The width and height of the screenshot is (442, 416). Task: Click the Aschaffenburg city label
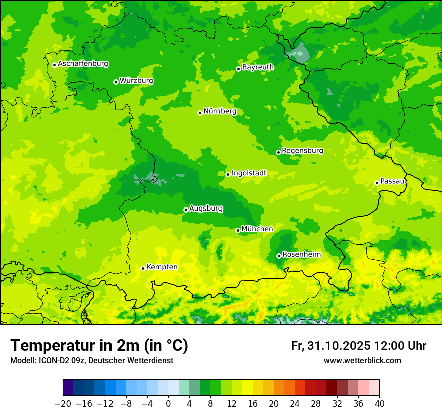click(x=83, y=64)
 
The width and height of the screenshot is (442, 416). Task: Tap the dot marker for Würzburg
click(x=116, y=82)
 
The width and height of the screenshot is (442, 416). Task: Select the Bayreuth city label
click(x=258, y=67)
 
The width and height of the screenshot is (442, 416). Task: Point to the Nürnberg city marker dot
click(x=200, y=113)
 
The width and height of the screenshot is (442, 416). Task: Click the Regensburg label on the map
click(x=302, y=151)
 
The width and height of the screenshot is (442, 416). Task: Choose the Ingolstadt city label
click(x=249, y=173)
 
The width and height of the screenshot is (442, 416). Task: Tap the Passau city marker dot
click(x=377, y=183)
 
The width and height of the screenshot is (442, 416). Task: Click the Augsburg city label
click(x=206, y=209)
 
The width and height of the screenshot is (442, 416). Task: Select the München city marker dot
click(x=238, y=230)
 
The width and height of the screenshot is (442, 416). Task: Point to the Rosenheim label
click(x=301, y=255)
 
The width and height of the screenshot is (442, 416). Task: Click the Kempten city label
click(x=162, y=267)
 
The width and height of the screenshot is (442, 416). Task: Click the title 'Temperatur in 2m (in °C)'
click(x=99, y=346)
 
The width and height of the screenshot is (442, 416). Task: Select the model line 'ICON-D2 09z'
click(x=91, y=360)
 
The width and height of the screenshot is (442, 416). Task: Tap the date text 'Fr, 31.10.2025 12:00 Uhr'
click(x=359, y=346)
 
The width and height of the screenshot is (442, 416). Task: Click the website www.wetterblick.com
click(x=362, y=360)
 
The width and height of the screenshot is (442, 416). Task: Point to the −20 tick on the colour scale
click(x=63, y=403)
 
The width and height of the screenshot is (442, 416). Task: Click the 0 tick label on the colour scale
click(x=168, y=403)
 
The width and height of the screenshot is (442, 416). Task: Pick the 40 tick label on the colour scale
click(x=379, y=403)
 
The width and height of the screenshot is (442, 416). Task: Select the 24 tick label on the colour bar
click(x=295, y=403)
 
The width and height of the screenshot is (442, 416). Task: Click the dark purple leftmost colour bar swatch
click(x=68, y=388)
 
